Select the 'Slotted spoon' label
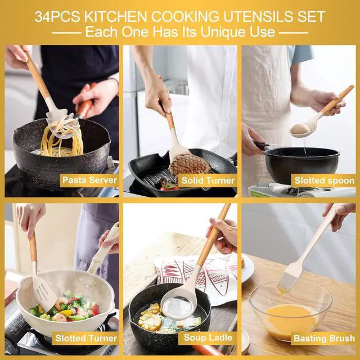[324, 181]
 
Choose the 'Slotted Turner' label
[86, 338]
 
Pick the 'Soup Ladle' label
[206, 338]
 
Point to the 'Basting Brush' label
[324, 338]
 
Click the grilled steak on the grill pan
[190, 165]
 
